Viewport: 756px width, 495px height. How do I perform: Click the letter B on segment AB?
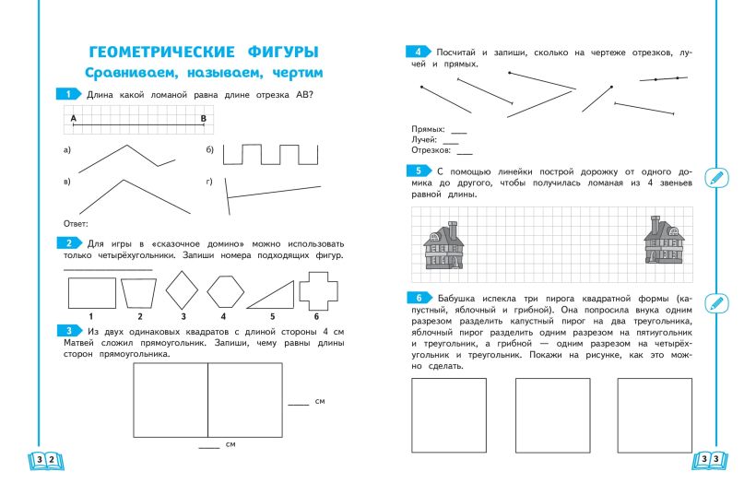[x=203, y=118]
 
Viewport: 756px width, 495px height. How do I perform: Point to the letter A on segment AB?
[x=73, y=118]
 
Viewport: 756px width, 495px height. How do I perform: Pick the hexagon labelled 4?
[x=224, y=292]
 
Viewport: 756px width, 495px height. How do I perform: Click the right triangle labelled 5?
[x=270, y=295]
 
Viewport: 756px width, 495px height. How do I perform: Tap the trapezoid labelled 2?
[x=139, y=293]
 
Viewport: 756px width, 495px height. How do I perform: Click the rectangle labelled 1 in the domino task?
[x=91, y=293]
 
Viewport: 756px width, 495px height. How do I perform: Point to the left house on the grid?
[x=443, y=244]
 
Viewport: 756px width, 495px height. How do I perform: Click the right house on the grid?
[x=663, y=242]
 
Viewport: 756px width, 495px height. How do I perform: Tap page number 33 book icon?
[x=711, y=459]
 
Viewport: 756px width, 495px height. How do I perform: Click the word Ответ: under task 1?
[x=75, y=224]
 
